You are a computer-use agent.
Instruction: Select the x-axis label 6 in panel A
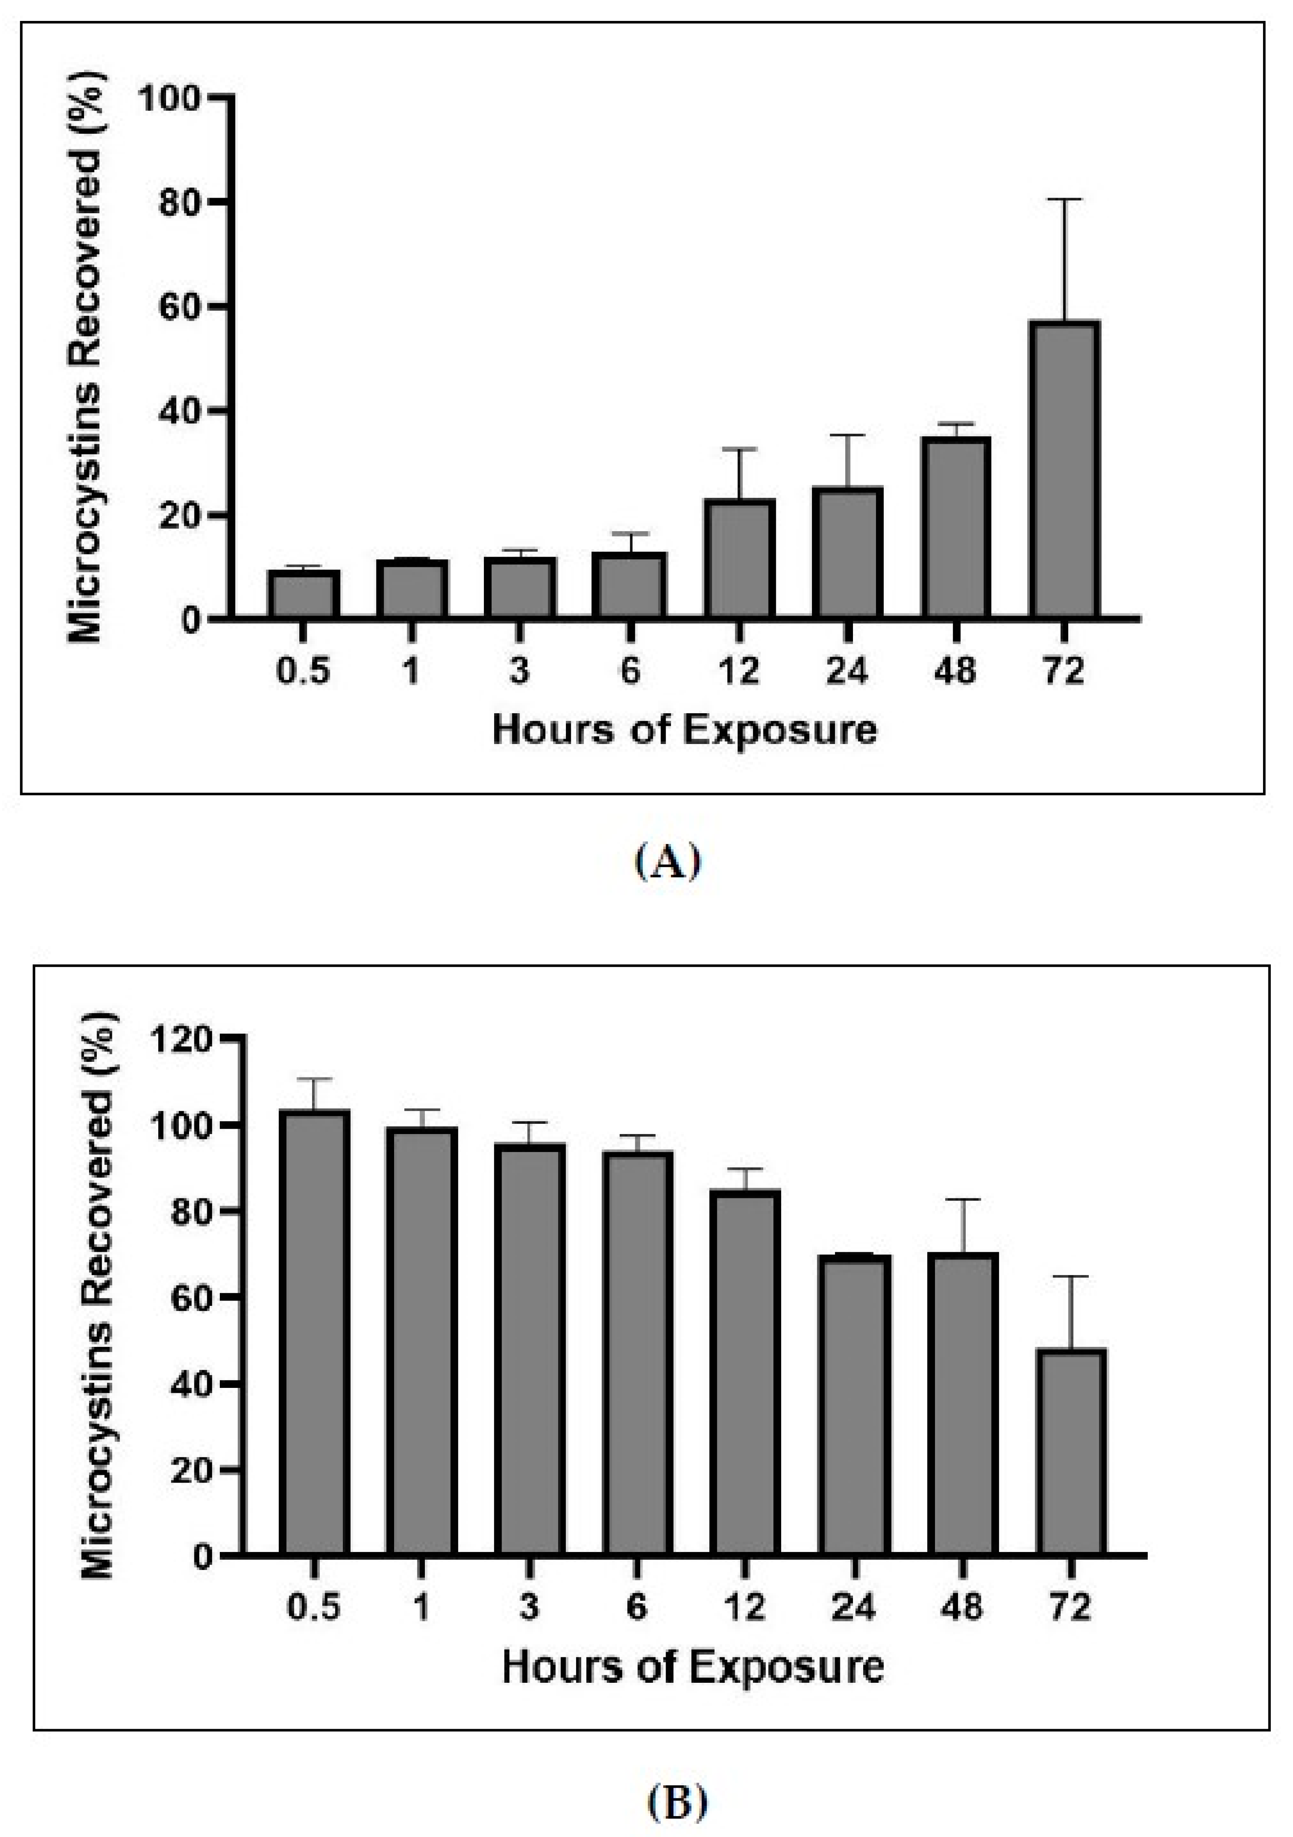point(630,671)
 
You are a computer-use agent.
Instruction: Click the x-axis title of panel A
point(684,730)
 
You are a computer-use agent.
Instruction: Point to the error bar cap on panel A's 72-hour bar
point(1064,199)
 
